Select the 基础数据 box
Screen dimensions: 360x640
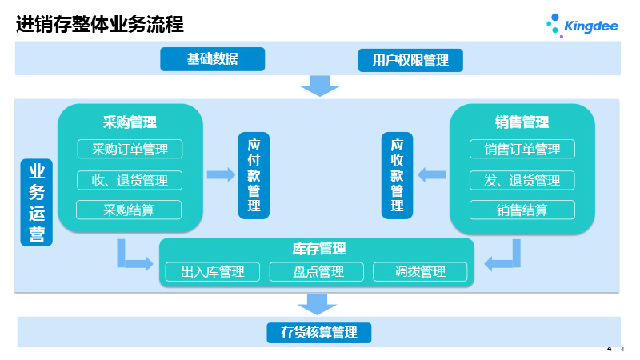pyautogui.click(x=212, y=59)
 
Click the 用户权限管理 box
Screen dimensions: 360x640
pyautogui.click(x=410, y=60)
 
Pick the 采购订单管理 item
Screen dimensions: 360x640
pyautogui.click(x=129, y=149)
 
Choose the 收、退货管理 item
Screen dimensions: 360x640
pyautogui.click(x=129, y=180)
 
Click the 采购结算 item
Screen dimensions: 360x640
pyautogui.click(x=129, y=210)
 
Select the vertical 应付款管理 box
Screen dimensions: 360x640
pyautogui.click(x=254, y=175)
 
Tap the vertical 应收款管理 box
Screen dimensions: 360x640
pyautogui.click(x=397, y=175)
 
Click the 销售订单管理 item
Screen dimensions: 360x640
pyautogui.click(x=522, y=149)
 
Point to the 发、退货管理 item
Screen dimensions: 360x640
pyautogui.click(x=522, y=180)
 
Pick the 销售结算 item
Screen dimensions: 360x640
pyautogui.click(x=522, y=210)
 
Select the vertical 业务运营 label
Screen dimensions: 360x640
pyautogui.click(x=37, y=202)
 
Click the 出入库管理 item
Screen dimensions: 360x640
pyautogui.click(x=213, y=272)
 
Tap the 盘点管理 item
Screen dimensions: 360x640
pyautogui.click(x=318, y=272)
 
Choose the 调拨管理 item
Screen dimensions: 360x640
pyautogui.click(x=420, y=272)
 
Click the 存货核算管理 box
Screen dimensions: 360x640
pyautogui.click(x=319, y=332)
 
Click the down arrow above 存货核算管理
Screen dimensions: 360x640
pyautogui.click(x=318, y=303)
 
